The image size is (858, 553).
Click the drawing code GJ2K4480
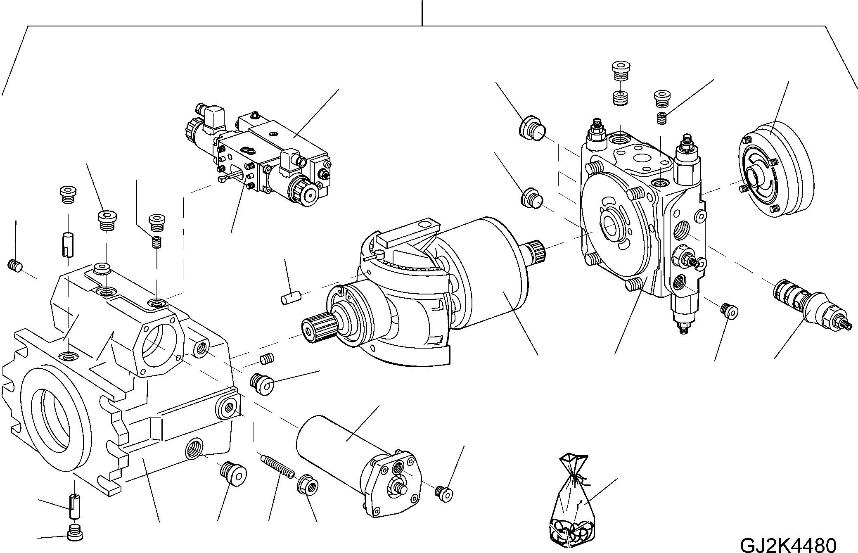(x=788, y=544)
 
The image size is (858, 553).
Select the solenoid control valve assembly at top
(x=259, y=155)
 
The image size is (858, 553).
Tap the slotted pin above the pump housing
(x=68, y=244)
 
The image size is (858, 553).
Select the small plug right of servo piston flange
(x=444, y=492)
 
